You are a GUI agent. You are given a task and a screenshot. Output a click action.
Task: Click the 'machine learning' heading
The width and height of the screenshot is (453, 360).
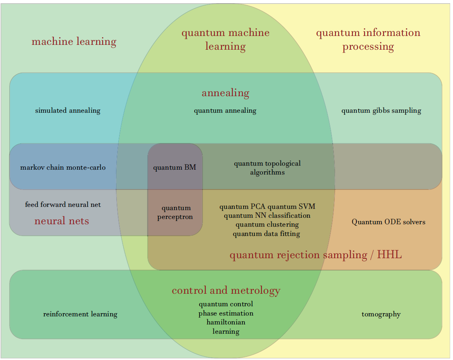click(74, 42)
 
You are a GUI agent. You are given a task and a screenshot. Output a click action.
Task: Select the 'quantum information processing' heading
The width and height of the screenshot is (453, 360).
click(368, 40)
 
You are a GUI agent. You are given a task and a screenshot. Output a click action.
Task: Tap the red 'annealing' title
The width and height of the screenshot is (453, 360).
click(225, 93)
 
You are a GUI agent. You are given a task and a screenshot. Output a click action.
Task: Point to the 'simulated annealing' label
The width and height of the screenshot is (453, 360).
click(67, 110)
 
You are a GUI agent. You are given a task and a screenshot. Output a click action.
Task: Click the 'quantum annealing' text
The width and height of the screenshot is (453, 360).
click(225, 110)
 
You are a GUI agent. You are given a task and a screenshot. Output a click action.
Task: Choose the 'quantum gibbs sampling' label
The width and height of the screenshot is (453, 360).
click(381, 110)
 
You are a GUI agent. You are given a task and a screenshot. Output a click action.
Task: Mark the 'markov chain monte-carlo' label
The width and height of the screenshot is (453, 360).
click(63, 167)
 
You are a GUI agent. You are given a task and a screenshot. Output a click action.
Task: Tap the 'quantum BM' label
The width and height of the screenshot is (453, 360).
click(175, 167)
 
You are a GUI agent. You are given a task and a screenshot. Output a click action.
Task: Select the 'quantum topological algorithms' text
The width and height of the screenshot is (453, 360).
click(267, 168)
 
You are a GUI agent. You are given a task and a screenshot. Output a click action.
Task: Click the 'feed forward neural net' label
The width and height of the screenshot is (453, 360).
click(63, 204)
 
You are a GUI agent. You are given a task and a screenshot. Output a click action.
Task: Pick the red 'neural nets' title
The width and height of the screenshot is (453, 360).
click(62, 221)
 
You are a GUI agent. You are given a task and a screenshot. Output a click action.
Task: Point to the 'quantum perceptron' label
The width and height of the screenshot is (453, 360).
click(175, 213)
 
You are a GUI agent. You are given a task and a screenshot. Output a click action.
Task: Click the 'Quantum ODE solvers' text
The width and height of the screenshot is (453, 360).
click(388, 222)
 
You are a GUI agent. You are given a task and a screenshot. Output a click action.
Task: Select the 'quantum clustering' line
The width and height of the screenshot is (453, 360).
click(267, 224)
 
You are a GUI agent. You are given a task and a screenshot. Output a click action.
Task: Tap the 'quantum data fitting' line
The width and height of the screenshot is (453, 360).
click(266, 233)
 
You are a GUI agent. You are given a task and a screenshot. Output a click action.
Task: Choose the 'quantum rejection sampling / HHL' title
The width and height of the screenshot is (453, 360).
click(316, 255)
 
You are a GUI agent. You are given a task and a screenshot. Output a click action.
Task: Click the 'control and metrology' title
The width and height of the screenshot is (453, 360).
click(226, 291)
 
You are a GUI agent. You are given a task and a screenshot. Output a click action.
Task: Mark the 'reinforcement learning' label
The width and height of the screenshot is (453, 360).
click(80, 314)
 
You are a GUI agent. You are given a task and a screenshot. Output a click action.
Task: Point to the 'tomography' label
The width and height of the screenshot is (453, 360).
click(381, 314)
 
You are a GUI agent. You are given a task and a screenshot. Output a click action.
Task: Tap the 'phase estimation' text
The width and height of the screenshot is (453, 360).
click(226, 313)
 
